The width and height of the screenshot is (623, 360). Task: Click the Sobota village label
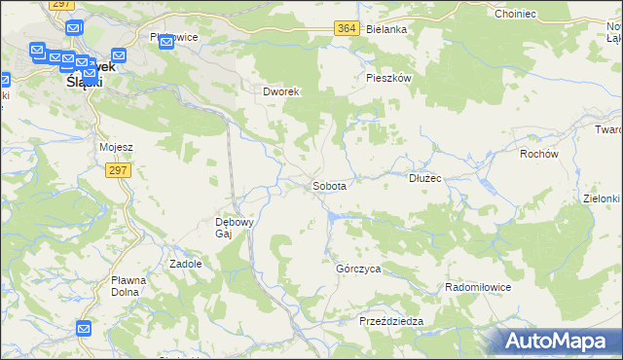[x=330, y=184]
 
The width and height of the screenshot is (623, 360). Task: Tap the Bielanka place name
[x=386, y=29]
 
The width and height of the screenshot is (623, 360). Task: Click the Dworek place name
[x=280, y=91]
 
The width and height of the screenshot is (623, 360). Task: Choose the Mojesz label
[x=116, y=147]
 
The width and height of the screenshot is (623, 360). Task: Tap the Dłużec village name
[x=425, y=178]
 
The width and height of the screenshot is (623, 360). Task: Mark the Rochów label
[x=538, y=154]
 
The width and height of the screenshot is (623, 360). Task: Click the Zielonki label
[x=602, y=198]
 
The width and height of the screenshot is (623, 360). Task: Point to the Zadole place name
[x=186, y=264]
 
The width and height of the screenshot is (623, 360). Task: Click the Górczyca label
[x=357, y=268]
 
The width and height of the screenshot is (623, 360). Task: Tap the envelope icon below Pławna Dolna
[x=84, y=330]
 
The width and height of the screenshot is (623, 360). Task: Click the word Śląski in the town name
[x=84, y=82]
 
